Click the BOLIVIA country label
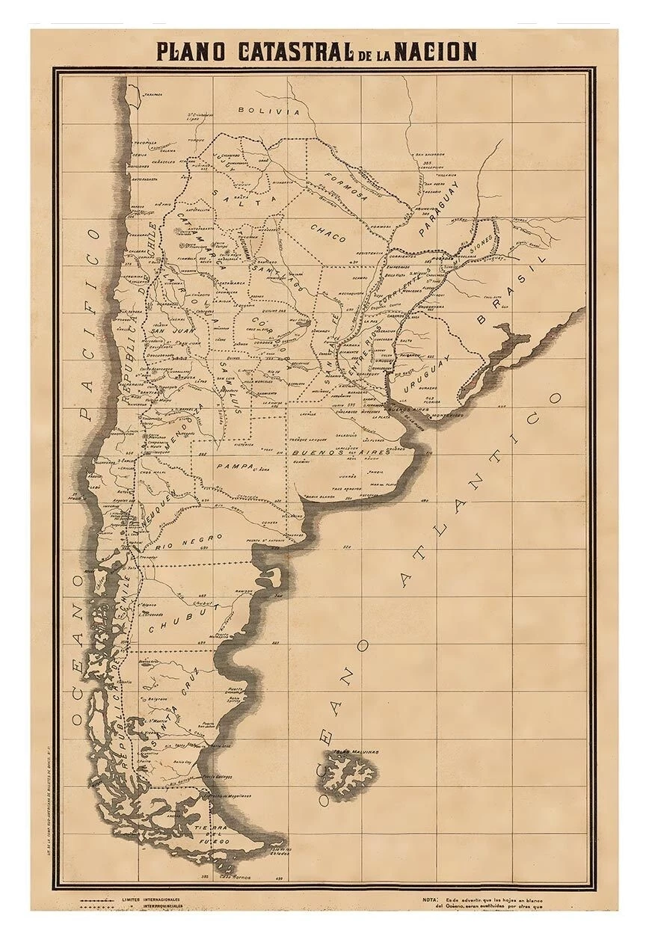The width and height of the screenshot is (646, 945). [268, 111]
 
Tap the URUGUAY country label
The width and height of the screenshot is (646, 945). [423, 373]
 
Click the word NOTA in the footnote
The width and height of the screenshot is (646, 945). [430, 899]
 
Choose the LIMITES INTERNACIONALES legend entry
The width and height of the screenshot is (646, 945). [150, 899]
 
